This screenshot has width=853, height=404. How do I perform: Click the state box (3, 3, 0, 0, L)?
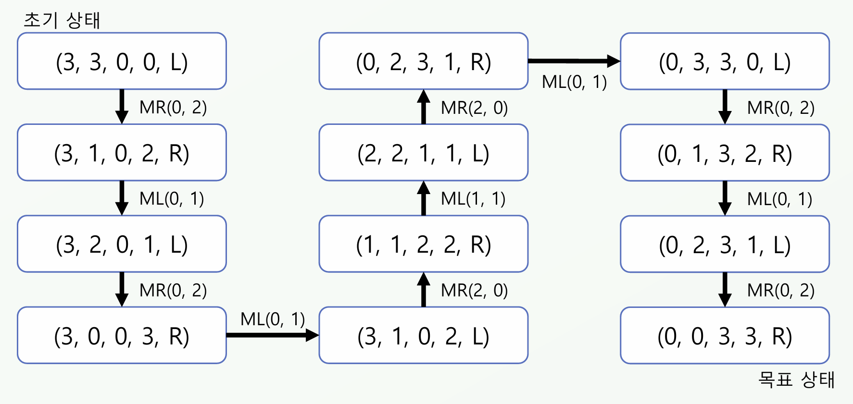coord(122,61)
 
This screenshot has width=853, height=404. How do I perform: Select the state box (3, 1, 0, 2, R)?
coord(122,152)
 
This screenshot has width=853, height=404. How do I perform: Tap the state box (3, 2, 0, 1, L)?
coord(122,244)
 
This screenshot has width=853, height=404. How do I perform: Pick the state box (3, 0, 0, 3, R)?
coord(122,335)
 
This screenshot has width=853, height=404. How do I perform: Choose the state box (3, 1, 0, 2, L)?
coord(424,335)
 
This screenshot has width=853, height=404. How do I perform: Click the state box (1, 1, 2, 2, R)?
coord(424,244)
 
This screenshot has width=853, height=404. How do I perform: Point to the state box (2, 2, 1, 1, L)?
coord(424,152)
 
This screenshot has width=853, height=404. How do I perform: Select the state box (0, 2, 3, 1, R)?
coord(424,61)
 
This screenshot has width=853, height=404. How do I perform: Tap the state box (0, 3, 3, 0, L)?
coord(725,61)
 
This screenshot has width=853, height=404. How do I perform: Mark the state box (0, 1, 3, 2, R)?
coord(725,152)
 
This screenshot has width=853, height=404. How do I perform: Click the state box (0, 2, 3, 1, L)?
coord(725,244)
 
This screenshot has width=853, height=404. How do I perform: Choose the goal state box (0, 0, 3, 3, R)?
coord(725,335)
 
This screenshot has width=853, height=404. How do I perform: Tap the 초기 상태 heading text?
coord(62,20)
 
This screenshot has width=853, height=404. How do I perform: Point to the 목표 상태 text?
coord(796,380)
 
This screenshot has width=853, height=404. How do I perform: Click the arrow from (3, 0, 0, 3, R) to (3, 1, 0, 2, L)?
coord(273,335)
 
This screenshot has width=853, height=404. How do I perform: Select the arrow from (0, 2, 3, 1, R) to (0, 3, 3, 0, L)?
coord(574,61)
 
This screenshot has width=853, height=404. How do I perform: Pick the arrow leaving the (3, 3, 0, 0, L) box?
coord(122,107)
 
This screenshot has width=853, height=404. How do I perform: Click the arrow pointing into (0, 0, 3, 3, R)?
coord(725,289)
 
